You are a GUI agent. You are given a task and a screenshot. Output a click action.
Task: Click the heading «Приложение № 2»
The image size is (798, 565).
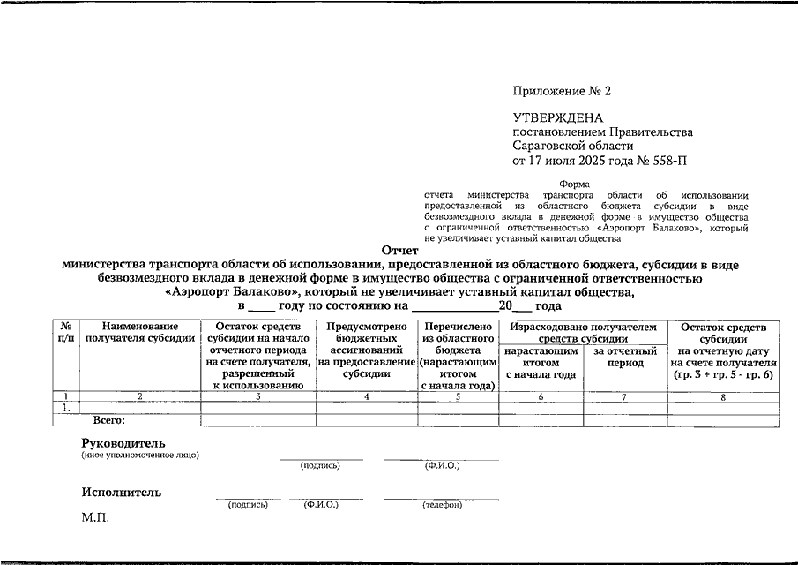click(562, 92)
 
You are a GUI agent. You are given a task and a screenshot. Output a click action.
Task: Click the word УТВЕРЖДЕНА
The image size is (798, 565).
click(558, 118)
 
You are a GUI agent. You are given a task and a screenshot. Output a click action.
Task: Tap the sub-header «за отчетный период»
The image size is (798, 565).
click(625, 358)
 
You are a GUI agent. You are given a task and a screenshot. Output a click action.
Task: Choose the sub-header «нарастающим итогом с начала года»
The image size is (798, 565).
click(541, 363)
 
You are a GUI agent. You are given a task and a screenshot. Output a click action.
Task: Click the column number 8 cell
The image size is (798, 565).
click(724, 396)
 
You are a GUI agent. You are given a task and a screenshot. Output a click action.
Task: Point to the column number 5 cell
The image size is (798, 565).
click(458, 396)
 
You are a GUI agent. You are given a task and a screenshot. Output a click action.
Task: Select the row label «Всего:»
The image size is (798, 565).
click(109, 420)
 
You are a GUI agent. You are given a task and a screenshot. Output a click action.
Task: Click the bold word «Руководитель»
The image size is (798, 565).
click(123, 442)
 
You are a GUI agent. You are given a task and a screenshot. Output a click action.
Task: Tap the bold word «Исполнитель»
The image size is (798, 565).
click(121, 493)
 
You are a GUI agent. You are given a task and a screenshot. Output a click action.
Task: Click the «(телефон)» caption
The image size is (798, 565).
click(442, 505)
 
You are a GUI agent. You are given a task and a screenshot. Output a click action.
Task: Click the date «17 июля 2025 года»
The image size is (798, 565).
click(583, 161)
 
